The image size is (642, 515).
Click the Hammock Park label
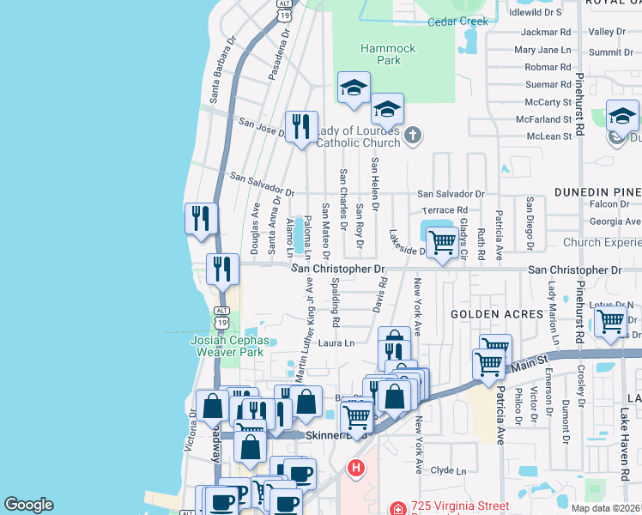coord(388,55)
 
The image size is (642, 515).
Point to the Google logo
coord(28,505)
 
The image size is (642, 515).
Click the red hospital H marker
coord(355,469)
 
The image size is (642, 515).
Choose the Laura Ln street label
coord(336,343)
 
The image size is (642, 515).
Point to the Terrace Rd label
coord(445,209)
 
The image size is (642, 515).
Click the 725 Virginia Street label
coord(460,506)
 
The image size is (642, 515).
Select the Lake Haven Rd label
coord(624,446)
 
